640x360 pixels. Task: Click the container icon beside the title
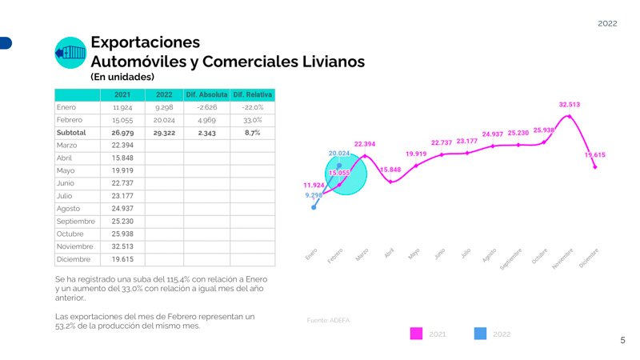[x=70, y=53]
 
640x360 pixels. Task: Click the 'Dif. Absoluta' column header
[x=206, y=94]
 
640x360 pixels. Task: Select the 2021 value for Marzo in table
[x=122, y=145]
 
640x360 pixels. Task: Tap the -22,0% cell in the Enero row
[x=252, y=107]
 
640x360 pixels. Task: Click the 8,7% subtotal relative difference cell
[x=252, y=132]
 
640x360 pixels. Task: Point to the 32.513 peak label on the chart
[x=569, y=104]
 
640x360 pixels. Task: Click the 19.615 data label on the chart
[x=594, y=155]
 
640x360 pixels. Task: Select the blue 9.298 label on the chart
[x=314, y=195]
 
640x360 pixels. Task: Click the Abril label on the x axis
[x=389, y=253]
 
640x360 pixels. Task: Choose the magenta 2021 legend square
[x=416, y=334]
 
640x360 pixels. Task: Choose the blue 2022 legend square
[x=480, y=334]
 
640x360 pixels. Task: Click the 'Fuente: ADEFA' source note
[x=328, y=320]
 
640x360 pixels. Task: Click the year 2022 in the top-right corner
[x=607, y=24]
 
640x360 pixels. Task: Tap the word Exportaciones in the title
[x=145, y=42]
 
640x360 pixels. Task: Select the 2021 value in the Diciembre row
[x=122, y=259]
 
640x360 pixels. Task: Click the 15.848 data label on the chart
[x=390, y=170]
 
